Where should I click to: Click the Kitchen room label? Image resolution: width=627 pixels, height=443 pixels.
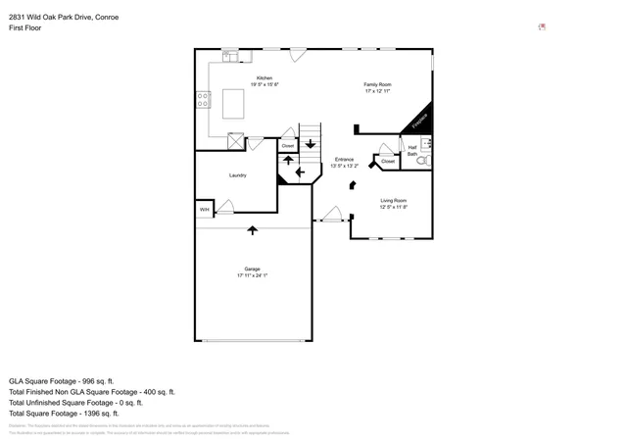265,78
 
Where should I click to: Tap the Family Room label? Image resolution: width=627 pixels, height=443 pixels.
377,85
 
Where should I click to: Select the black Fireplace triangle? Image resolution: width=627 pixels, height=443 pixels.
420,121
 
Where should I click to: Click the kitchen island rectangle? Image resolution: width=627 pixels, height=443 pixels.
233,102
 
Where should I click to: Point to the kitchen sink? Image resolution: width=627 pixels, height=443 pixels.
229,57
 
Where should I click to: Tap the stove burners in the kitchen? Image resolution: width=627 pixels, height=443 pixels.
203,99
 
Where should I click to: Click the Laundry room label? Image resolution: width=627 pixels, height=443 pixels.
237,175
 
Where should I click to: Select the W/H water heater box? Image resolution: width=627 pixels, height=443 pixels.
205,210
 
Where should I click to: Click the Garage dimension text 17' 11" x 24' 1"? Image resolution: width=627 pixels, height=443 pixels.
252,276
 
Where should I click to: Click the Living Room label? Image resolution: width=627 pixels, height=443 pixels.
393,201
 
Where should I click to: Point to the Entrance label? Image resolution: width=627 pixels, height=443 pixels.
344,160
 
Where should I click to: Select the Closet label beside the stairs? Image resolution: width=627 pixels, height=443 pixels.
287,146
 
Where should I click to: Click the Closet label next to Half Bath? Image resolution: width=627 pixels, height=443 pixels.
388,161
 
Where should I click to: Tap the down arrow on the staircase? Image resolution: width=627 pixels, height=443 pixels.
311,144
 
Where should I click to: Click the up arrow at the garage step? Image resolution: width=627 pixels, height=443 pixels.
253,230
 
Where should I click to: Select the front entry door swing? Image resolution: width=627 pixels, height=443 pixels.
332,214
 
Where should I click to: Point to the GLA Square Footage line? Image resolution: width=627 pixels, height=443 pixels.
62,380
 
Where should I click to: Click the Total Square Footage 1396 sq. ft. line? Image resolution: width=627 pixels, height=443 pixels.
74,413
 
